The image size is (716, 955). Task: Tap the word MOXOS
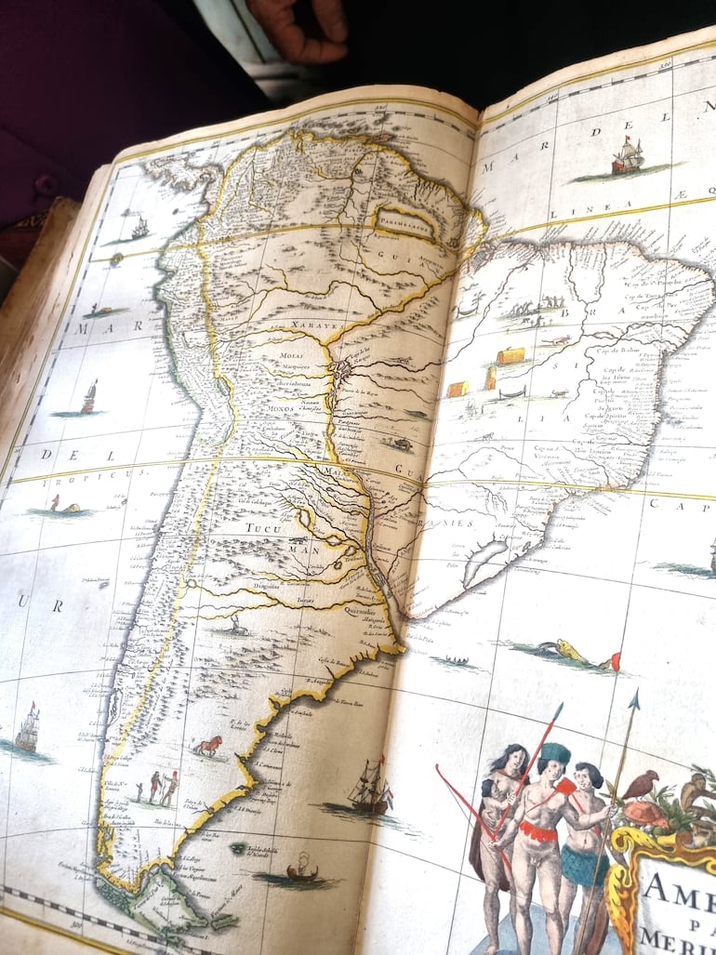coord(281,408)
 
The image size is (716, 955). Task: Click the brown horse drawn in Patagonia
coord(207,745)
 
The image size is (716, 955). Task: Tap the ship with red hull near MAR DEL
coord(627,157)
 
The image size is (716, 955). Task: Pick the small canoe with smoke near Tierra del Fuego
coord(300,870)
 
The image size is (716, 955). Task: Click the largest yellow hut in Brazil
coord(510,355)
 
